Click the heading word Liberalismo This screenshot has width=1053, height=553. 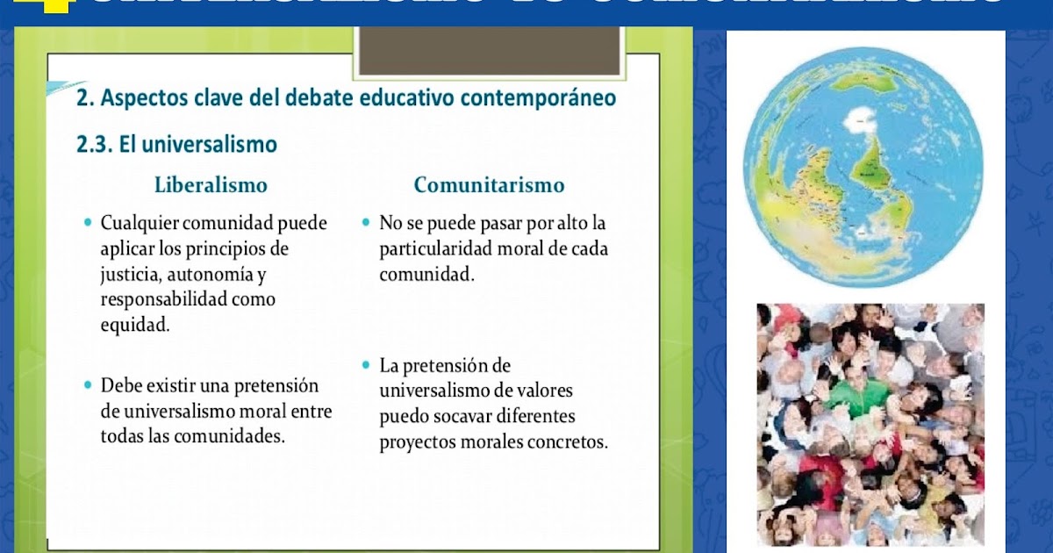[211, 185]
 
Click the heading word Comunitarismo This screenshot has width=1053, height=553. [489, 185]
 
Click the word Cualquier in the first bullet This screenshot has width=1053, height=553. [137, 223]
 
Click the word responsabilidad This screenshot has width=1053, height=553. [163, 299]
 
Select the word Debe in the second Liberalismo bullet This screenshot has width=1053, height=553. [120, 385]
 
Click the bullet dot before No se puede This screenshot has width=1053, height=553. [366, 223]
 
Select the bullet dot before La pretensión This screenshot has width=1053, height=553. [366, 364]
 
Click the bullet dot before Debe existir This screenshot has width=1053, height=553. [87, 385]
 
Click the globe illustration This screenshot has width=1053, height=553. [863, 167]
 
